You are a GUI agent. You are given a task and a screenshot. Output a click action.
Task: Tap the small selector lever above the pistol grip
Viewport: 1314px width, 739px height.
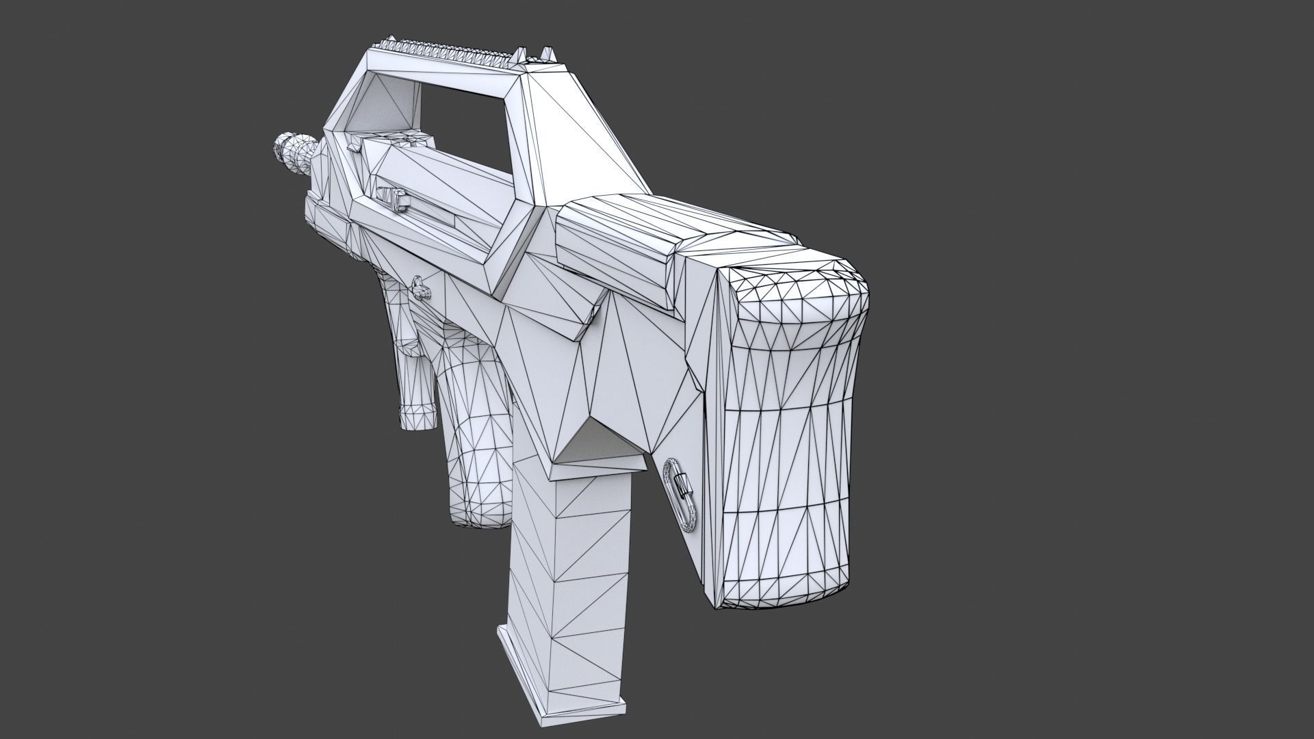click(419, 288)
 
